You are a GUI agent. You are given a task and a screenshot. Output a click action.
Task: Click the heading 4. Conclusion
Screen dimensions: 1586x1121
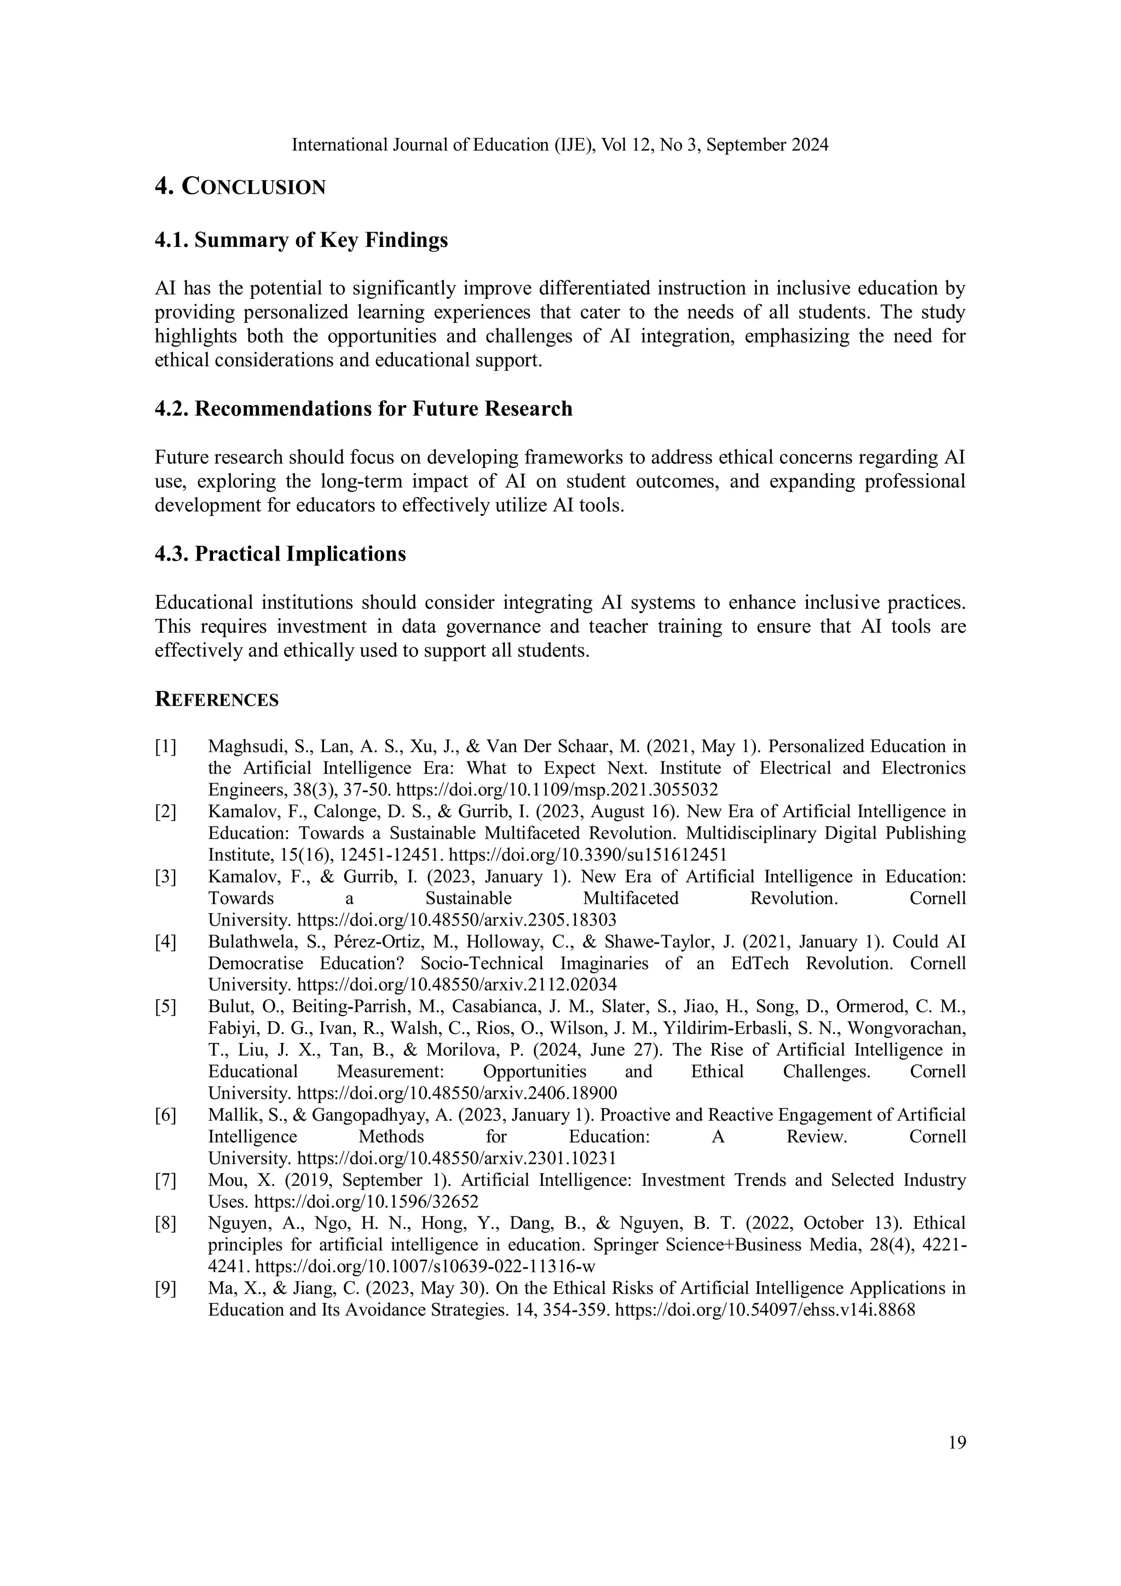240,187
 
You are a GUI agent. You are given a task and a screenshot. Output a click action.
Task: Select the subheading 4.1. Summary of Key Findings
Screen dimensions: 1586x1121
301,240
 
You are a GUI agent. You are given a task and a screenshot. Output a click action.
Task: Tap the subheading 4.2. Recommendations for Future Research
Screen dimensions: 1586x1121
363,409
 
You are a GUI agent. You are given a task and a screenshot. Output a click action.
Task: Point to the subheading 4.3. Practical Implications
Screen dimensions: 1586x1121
280,554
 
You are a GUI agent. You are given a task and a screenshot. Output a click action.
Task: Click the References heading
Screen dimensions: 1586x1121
216,700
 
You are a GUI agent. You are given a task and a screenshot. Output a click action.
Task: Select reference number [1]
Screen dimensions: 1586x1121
165,747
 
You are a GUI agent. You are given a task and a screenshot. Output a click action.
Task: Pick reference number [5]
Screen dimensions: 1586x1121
165,1007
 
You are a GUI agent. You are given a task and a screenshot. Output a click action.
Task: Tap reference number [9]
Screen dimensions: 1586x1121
165,1288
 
